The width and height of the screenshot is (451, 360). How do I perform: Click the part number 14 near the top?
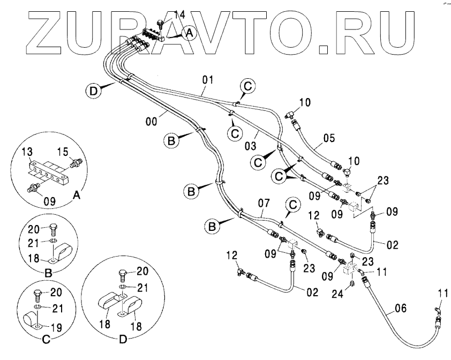(179, 15)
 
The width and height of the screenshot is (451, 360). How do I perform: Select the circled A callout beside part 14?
(188, 33)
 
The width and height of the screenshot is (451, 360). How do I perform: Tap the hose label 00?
(153, 122)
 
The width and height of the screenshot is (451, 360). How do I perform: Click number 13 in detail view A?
(26, 154)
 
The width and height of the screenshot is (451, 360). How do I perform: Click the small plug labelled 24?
(352, 283)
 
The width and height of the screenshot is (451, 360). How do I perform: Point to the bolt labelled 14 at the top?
(161, 24)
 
